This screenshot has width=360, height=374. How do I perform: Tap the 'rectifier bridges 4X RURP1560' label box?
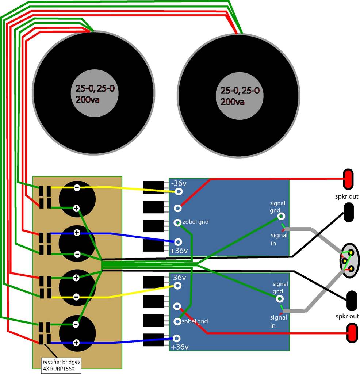[x=61, y=364]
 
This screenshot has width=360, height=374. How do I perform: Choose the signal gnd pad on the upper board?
[x=281, y=216]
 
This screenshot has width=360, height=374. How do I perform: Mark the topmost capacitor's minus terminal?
[x=77, y=188]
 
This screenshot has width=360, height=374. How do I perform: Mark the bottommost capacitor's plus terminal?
[x=76, y=343]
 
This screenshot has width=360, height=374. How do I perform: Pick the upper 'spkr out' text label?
[x=348, y=196]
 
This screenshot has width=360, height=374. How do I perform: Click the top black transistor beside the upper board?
[x=153, y=187]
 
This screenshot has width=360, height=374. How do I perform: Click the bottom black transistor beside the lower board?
[x=153, y=340]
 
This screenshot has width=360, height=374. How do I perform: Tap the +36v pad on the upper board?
[x=178, y=242]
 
